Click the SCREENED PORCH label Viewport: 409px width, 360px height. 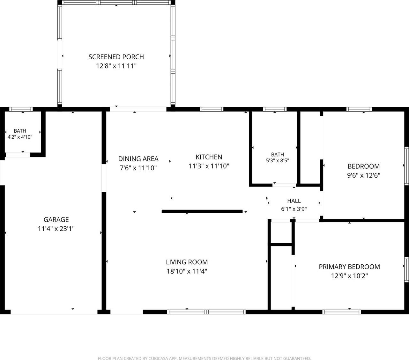point(116,57)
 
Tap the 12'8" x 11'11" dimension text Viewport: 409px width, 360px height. point(116,66)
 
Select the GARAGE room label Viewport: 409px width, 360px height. point(56,220)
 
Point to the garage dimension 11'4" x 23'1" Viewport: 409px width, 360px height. point(56,229)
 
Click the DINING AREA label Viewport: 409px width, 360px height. point(138,159)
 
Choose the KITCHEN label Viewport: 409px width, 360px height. point(209,157)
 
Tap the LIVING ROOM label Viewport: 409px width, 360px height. point(187,262)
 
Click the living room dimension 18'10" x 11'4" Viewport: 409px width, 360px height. point(187,271)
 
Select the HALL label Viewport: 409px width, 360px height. point(294,201)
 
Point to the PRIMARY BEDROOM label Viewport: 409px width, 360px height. point(349,267)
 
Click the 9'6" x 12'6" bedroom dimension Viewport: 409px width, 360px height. point(364,175)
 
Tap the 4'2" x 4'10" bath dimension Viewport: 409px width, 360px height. point(20,137)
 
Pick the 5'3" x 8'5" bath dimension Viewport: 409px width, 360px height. point(278,161)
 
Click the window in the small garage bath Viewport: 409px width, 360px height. point(21,109)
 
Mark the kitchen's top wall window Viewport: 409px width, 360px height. point(212,109)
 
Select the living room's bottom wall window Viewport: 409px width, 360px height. point(206,312)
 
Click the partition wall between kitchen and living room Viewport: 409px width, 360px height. point(202,211)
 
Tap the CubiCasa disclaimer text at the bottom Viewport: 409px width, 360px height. point(204,358)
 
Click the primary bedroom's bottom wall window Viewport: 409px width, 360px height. point(342,312)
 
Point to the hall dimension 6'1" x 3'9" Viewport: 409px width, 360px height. point(294,209)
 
